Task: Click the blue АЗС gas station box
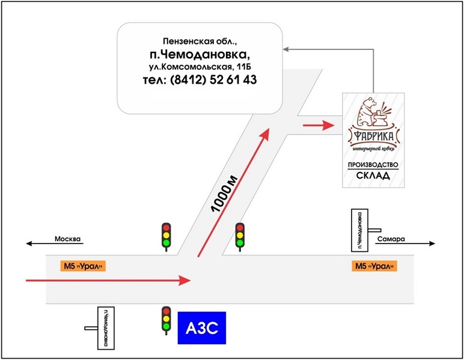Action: (201, 328)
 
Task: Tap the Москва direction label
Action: (67, 239)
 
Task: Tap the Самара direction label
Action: (392, 239)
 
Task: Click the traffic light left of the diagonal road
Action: (165, 236)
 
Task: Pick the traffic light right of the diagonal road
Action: (240, 236)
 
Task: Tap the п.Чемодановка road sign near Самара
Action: (358, 230)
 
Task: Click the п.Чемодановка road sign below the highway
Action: (106, 328)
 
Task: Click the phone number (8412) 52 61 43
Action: (200, 80)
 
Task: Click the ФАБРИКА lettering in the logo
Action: (373, 138)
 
